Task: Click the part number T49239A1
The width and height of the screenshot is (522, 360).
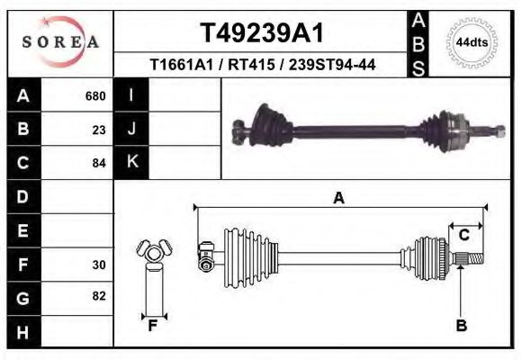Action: click(x=261, y=33)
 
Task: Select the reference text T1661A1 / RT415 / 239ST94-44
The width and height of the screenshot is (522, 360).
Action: click(x=262, y=65)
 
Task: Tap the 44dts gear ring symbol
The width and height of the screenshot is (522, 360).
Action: click(x=471, y=42)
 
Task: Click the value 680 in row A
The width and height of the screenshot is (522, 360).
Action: click(x=95, y=95)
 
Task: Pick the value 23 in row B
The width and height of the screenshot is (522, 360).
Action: click(x=99, y=129)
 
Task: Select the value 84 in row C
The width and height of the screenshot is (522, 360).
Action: click(x=99, y=163)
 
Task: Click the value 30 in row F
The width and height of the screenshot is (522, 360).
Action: click(x=99, y=265)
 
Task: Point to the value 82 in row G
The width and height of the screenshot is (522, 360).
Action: click(x=99, y=296)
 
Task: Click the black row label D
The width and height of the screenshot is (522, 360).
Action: click(x=23, y=196)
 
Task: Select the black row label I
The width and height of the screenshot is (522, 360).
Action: click(x=131, y=95)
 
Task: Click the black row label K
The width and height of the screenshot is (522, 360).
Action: click(x=131, y=162)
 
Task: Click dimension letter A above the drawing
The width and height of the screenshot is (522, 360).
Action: click(x=338, y=198)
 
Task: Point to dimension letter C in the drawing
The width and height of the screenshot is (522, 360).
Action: click(x=464, y=235)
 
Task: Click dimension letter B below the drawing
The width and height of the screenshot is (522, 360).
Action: click(x=461, y=325)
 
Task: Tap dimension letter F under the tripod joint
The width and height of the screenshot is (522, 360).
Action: click(x=153, y=326)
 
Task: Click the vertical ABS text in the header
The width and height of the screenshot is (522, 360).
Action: click(x=418, y=42)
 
